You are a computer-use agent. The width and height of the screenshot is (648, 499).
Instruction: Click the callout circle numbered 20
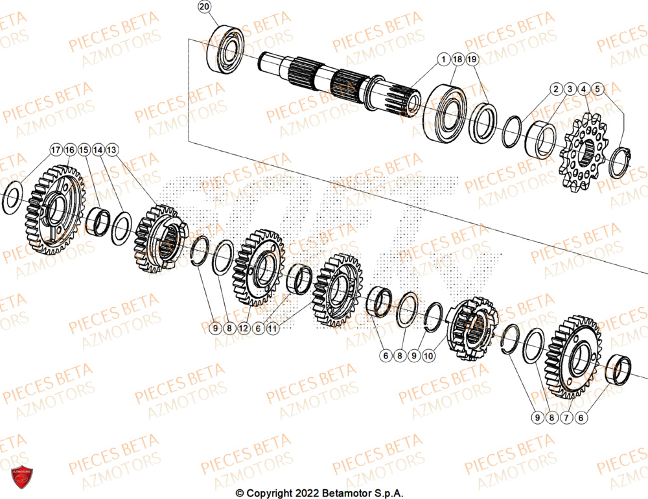[205, 8]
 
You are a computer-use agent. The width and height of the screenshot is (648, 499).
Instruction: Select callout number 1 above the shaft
[444, 60]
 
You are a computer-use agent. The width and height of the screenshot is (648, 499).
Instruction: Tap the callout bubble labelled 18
[457, 60]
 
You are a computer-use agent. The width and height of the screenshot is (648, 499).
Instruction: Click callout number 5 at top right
[597, 88]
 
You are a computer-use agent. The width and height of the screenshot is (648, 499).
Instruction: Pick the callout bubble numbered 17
[56, 150]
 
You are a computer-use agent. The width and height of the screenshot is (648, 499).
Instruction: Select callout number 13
[112, 150]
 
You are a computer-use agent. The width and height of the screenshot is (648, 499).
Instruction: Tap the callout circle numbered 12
[243, 329]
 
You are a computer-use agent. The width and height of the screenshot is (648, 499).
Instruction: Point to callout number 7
[566, 418]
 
